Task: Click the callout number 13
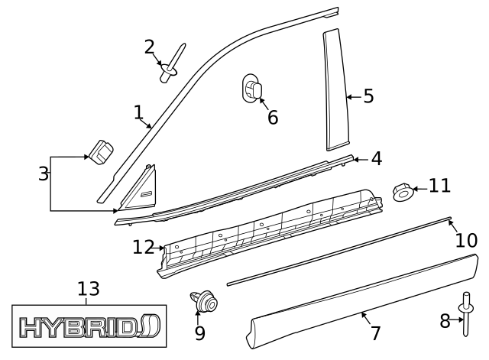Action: [89, 289]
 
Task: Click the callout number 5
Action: [368, 96]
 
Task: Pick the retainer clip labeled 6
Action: [251, 89]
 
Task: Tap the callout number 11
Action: [439, 186]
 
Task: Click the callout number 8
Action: [445, 321]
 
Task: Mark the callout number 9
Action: [199, 333]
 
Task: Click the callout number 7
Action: [374, 333]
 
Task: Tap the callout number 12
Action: [143, 247]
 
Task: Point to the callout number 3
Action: [43, 174]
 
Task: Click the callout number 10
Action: [466, 240]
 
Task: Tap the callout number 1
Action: [138, 112]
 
